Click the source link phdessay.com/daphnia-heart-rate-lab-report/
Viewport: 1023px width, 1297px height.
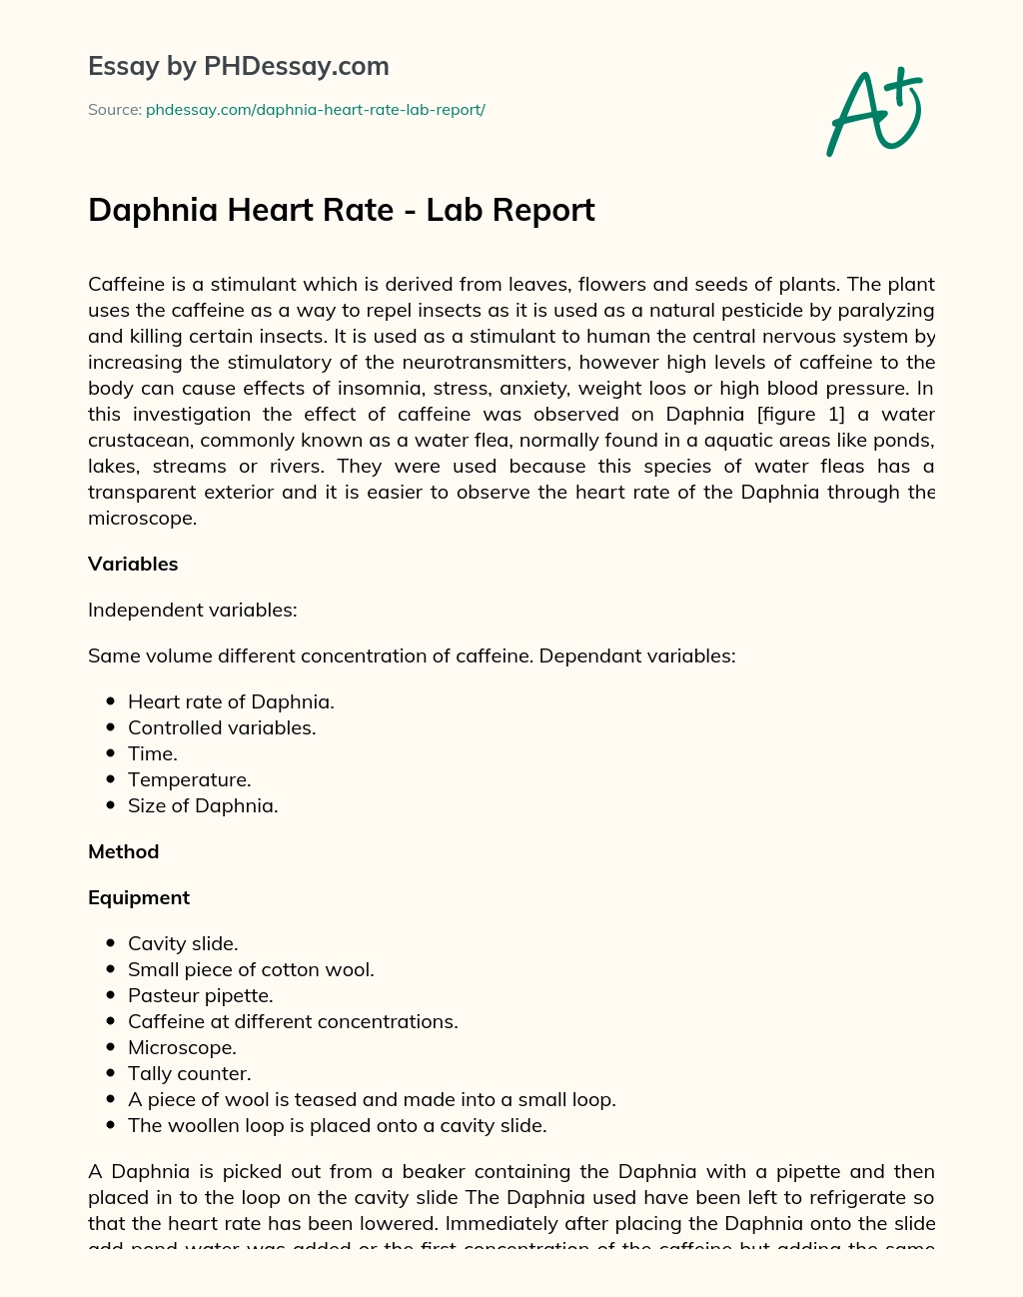tap(315, 110)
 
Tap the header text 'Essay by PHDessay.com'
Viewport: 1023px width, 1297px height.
tap(239, 66)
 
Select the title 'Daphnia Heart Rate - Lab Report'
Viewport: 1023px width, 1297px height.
tap(342, 210)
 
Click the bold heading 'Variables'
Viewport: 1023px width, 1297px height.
tap(133, 564)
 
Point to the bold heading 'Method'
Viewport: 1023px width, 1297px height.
tap(124, 851)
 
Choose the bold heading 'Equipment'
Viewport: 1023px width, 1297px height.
tap(139, 897)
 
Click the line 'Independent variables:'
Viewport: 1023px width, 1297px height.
tap(193, 610)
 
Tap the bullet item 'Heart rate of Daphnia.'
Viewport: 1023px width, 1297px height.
tap(231, 701)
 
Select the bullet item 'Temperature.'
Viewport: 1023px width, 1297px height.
tap(189, 779)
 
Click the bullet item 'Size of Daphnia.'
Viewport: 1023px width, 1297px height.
tap(203, 805)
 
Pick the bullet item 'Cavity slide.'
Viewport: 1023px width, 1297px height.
tap(183, 943)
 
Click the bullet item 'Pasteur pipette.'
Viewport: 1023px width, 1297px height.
tap(200, 995)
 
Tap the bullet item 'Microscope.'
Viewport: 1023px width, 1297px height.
tap(182, 1047)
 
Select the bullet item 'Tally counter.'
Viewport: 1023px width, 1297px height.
tap(189, 1073)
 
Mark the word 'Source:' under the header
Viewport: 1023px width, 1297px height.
tap(114, 110)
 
